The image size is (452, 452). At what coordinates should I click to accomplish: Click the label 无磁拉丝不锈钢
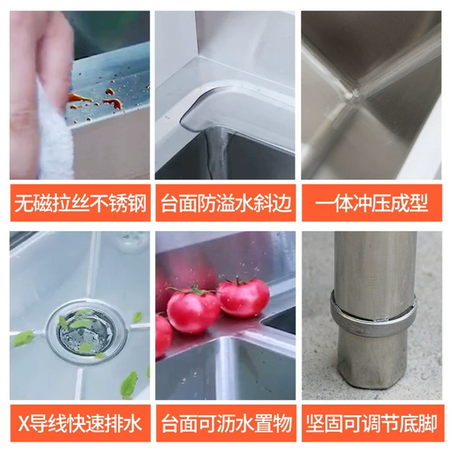tap(81, 203)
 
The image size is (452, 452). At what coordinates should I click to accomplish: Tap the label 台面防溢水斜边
tap(226, 203)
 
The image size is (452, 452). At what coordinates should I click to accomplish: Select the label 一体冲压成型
tap(372, 203)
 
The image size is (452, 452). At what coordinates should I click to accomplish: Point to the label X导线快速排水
tap(80, 423)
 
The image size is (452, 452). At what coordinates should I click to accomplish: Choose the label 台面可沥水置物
tap(226, 423)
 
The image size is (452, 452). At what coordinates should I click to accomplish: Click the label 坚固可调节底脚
tap(372, 423)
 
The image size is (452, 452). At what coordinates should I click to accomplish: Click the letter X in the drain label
tap(23, 423)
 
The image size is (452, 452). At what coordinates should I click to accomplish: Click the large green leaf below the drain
tap(129, 383)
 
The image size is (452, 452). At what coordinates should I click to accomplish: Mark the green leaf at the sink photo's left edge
tap(23, 338)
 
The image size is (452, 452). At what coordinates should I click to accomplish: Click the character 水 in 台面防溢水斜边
tap(235, 203)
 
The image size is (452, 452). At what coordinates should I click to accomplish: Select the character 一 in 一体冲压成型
tap(324, 203)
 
